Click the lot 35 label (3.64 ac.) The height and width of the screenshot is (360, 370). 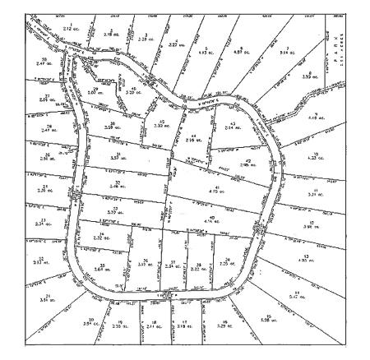click(x=103, y=266)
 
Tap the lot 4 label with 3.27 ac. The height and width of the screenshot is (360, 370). click(x=173, y=43)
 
